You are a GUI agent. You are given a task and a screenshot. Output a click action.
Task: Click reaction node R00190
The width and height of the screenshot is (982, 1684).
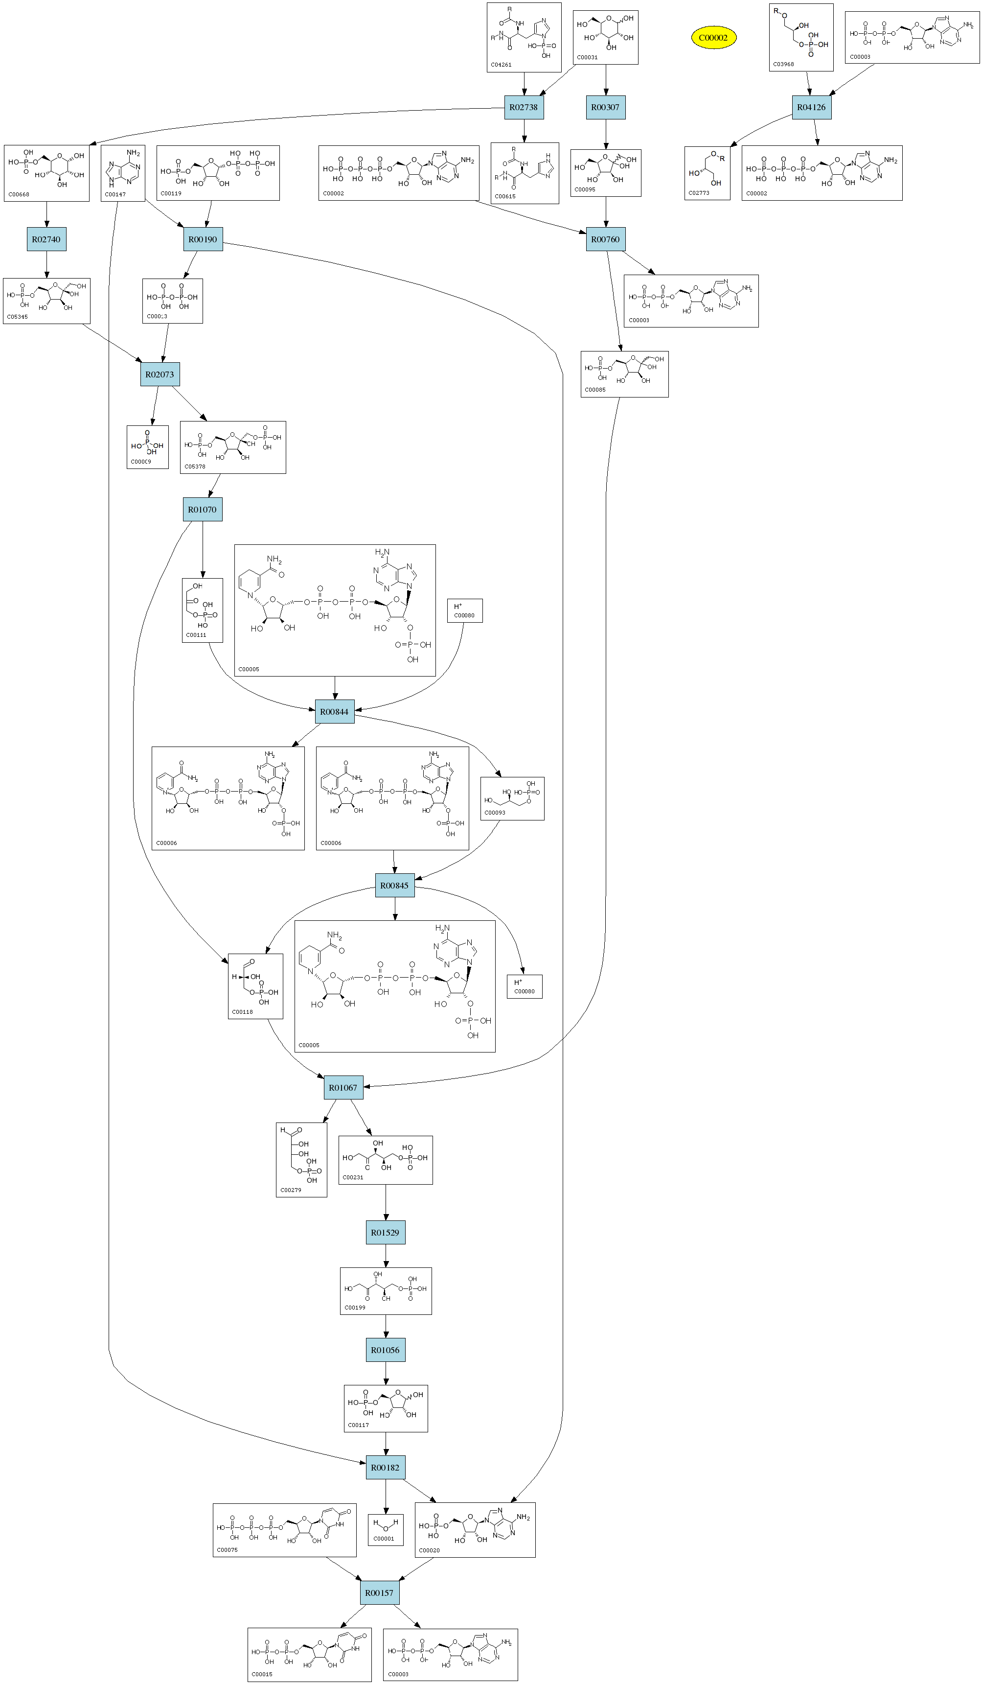203,239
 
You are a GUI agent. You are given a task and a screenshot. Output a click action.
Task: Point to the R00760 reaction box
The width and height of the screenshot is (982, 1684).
605,239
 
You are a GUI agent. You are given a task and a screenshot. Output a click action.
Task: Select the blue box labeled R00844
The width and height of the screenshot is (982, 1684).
335,712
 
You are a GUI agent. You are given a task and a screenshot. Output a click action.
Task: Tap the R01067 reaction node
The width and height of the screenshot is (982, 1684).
343,1087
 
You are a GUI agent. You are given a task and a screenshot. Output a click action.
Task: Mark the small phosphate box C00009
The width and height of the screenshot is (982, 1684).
148,447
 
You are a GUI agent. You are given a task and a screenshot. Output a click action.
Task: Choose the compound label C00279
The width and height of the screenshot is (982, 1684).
291,1190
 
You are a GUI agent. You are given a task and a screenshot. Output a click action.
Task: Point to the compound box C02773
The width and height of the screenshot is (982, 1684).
707,173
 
